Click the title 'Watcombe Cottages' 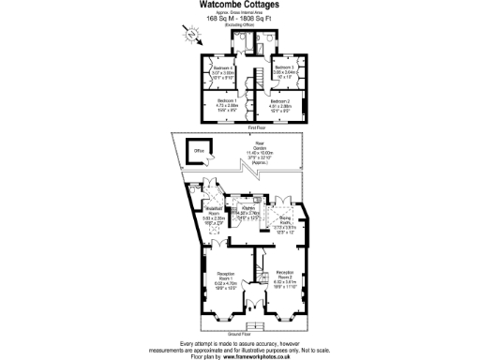[x=239, y=5]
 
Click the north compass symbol [x=192, y=35]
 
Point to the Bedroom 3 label [x=284, y=68]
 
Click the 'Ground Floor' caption [x=241, y=333]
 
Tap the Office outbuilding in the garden [x=198, y=151]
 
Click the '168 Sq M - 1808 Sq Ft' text [x=240, y=19]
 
